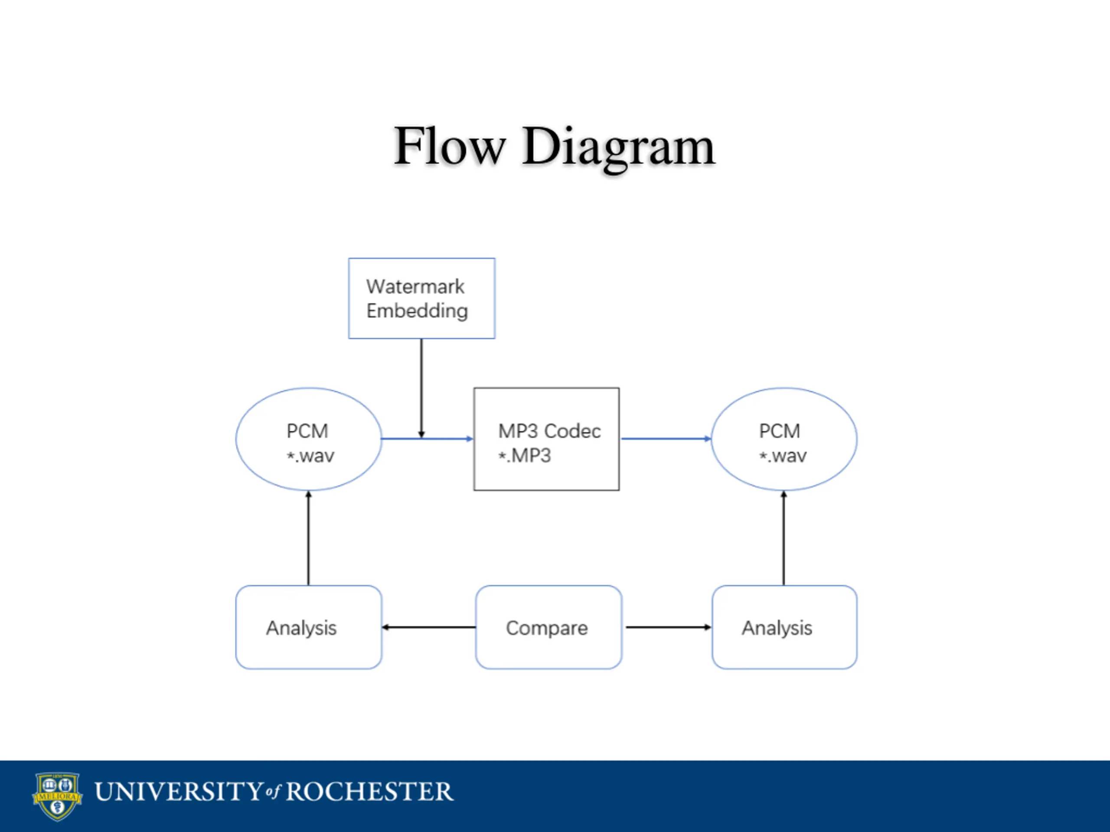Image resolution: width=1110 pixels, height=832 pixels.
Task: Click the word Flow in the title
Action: point(449,146)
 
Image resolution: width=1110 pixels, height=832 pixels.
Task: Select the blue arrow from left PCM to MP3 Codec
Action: point(427,439)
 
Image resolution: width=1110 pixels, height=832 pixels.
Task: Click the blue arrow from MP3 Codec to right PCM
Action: point(666,439)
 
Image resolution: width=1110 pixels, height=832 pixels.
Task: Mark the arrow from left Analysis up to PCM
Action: point(309,538)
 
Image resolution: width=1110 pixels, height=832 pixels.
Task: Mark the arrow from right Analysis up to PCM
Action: point(784,538)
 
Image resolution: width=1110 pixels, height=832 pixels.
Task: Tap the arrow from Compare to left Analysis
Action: point(428,627)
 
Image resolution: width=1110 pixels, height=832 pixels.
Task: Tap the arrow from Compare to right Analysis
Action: point(669,627)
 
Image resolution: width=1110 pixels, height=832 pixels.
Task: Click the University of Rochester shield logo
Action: point(57,796)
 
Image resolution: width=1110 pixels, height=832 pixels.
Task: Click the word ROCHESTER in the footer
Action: point(369,792)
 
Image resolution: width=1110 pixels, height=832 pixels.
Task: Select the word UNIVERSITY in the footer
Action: point(179,792)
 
